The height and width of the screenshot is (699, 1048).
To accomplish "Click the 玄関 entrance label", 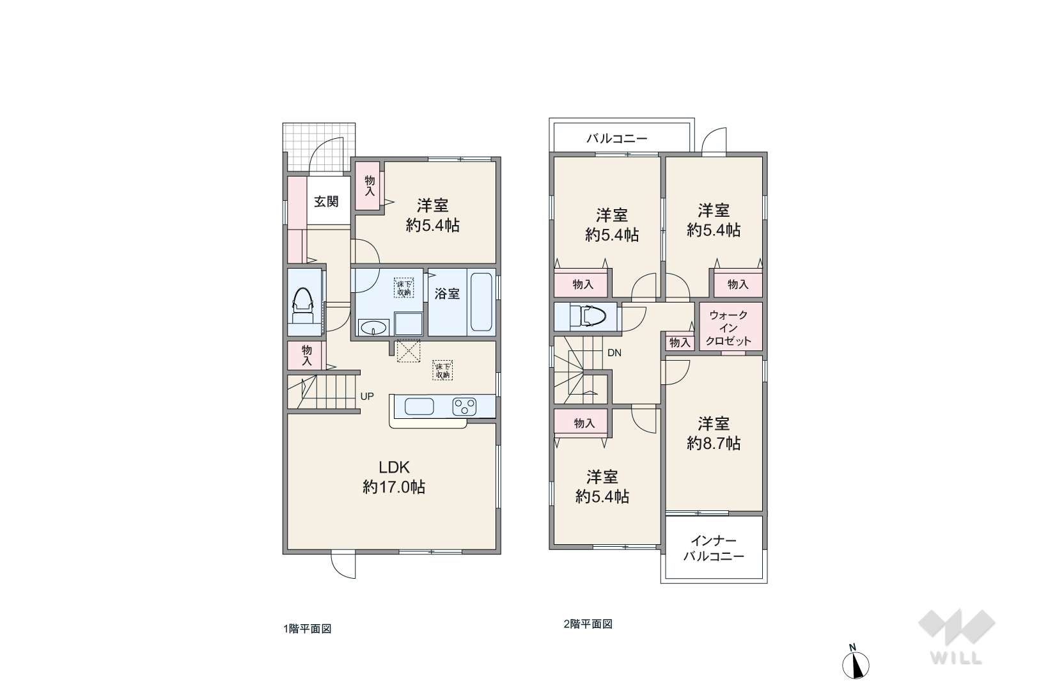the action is coord(326,201).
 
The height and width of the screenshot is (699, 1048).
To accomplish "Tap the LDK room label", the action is coord(394,467).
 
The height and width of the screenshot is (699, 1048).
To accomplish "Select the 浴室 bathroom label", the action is coord(447,294).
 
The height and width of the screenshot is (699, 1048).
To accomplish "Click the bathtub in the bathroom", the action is coord(480,302).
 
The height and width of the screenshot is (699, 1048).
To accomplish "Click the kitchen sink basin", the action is coord(419,406).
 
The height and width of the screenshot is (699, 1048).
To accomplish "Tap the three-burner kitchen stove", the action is coord(464,407).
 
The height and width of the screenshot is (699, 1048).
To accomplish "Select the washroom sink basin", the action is coord(373,327).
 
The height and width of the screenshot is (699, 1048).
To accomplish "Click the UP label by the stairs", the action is coord(367,397).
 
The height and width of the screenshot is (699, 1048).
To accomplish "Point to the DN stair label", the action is coord(614,353).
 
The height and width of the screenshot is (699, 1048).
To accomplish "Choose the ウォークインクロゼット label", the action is coord(728,328).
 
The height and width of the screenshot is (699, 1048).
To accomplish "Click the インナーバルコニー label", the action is coord(714,549).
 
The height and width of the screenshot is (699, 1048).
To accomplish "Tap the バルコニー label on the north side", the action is coord(617,139).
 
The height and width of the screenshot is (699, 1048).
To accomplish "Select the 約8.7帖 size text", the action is coord(714,443).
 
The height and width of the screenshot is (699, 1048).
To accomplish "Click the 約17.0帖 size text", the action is coord(394,487).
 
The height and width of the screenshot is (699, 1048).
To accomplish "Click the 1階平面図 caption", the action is coord(308,629).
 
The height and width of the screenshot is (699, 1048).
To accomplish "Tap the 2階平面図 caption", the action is coord(588,624).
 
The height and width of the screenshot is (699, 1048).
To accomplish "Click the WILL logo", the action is coord(957,636).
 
